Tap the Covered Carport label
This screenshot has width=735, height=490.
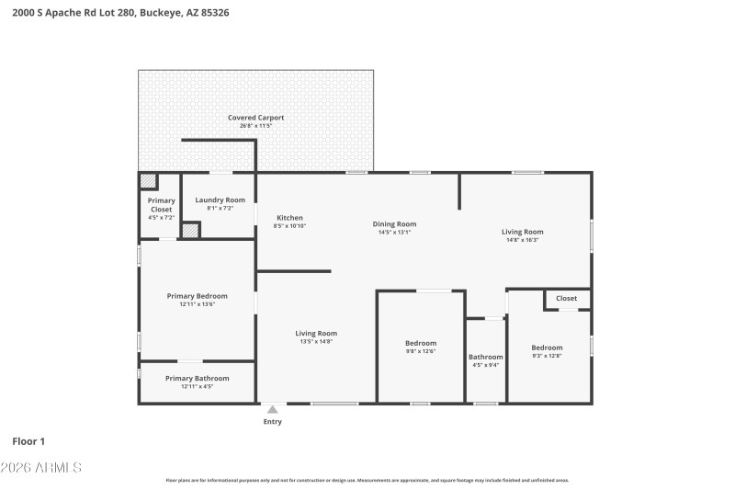pyautogui.click(x=255, y=118)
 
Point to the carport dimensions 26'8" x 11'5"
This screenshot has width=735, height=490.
pyautogui.click(x=255, y=127)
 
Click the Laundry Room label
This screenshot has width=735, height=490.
pyautogui.click(x=220, y=199)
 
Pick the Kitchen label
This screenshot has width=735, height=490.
pyautogui.click(x=289, y=218)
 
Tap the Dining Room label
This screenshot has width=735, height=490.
pyautogui.click(x=394, y=223)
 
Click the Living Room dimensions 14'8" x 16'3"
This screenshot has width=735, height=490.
pyautogui.click(x=522, y=240)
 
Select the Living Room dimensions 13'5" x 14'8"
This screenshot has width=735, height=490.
pyautogui.click(x=316, y=341)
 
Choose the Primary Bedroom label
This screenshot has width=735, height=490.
pyautogui.click(x=197, y=296)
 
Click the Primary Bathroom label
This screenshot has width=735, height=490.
pyautogui.click(x=197, y=378)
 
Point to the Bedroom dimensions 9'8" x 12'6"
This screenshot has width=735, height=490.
pyautogui.click(x=421, y=351)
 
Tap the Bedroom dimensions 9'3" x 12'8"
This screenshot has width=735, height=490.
pyautogui.click(x=547, y=356)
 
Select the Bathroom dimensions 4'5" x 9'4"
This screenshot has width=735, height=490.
pyautogui.click(x=486, y=365)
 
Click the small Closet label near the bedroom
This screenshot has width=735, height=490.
pyautogui.click(x=566, y=298)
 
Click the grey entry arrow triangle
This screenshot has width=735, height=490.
pyautogui.click(x=272, y=410)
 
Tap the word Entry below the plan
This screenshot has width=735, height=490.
pyautogui.click(x=272, y=422)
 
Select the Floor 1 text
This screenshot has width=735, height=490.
pyautogui.click(x=28, y=441)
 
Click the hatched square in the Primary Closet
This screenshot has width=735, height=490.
pyautogui.click(x=148, y=181)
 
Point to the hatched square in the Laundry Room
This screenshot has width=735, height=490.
pyautogui.click(x=190, y=231)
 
